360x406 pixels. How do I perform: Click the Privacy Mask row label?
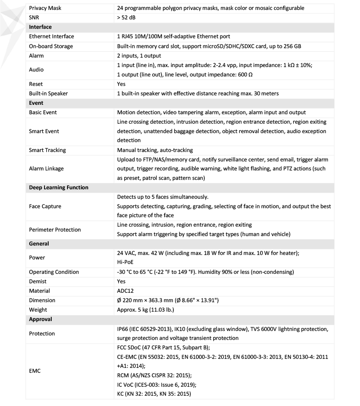tap(45, 8)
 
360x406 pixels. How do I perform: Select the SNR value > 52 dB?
tap(126, 18)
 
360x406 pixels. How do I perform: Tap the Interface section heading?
tap(40, 27)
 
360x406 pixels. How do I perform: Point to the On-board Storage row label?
tap(51, 46)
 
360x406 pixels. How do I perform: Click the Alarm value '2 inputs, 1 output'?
tap(139, 55)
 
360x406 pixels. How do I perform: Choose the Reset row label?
tap(36, 84)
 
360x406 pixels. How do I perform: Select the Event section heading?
tap(36, 103)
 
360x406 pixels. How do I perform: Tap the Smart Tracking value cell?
tap(155, 150)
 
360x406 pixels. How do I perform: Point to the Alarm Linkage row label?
tap(46, 169)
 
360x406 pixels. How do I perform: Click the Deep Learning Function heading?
tap(58, 187)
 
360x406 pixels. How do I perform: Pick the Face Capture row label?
tap(45, 206)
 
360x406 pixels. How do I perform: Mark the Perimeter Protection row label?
tap(55, 230)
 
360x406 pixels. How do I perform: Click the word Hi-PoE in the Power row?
tap(126, 263)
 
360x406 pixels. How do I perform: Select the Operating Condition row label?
tap(54, 272)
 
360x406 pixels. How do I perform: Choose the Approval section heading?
tap(40, 319)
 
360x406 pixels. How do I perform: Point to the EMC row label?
tap(36, 371)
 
